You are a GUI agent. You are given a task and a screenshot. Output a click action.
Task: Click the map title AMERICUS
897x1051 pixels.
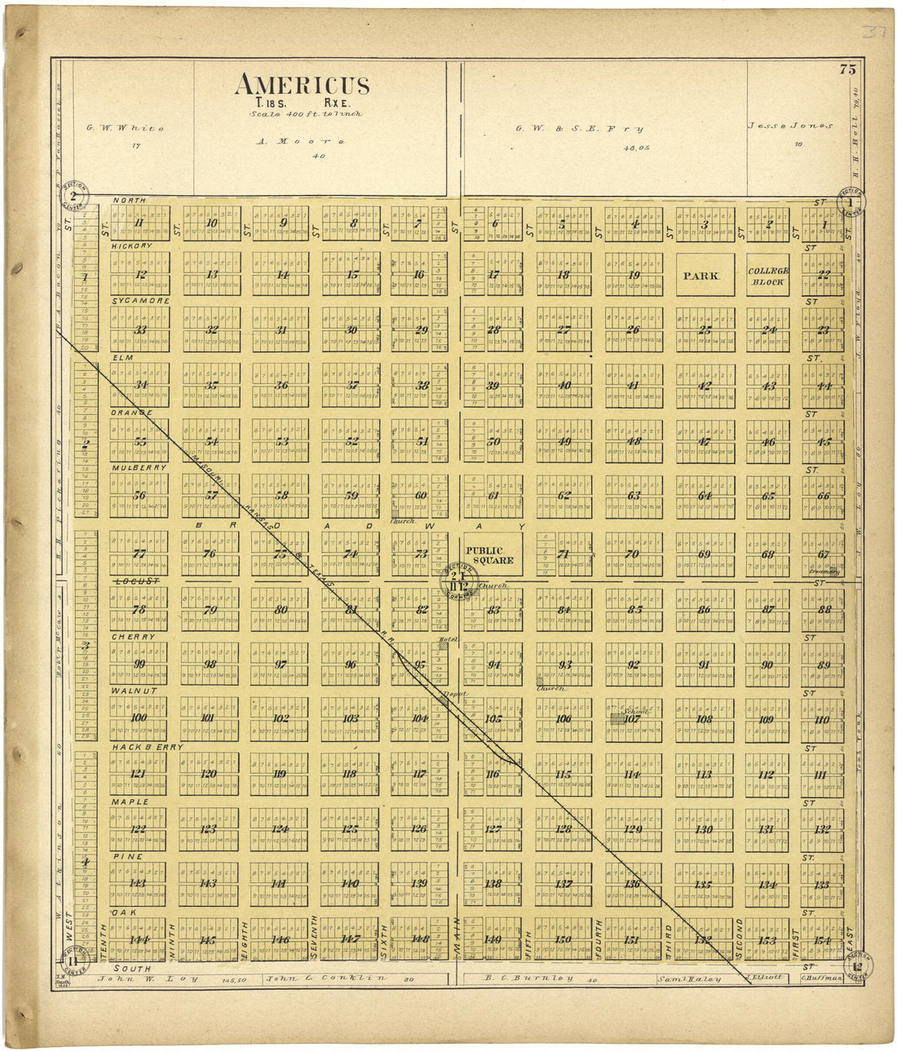tap(302, 86)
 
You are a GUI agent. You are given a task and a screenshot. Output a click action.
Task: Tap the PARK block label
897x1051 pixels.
tap(701, 276)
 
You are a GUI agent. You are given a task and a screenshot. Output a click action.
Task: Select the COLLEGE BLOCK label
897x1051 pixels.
tap(768, 276)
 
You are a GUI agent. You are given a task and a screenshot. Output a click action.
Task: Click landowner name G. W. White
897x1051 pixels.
tap(126, 128)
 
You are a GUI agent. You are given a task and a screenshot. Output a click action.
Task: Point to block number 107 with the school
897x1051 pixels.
tap(632, 719)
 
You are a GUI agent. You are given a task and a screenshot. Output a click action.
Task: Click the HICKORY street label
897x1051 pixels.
tap(132, 245)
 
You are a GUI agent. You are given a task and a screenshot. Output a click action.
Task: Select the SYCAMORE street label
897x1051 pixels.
tap(140, 301)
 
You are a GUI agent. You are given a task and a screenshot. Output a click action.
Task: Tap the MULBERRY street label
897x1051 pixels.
tap(139, 468)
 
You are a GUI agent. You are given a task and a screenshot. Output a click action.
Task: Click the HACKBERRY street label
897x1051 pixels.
tap(146, 747)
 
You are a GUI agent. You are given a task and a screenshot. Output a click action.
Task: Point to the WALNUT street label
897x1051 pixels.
tap(133, 691)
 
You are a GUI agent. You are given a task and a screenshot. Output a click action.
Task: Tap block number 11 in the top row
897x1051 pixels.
tap(139, 223)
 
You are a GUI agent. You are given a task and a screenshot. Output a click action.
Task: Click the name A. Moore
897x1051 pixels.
tap(301, 141)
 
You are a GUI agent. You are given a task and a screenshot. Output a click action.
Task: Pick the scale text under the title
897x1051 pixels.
tap(305, 114)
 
